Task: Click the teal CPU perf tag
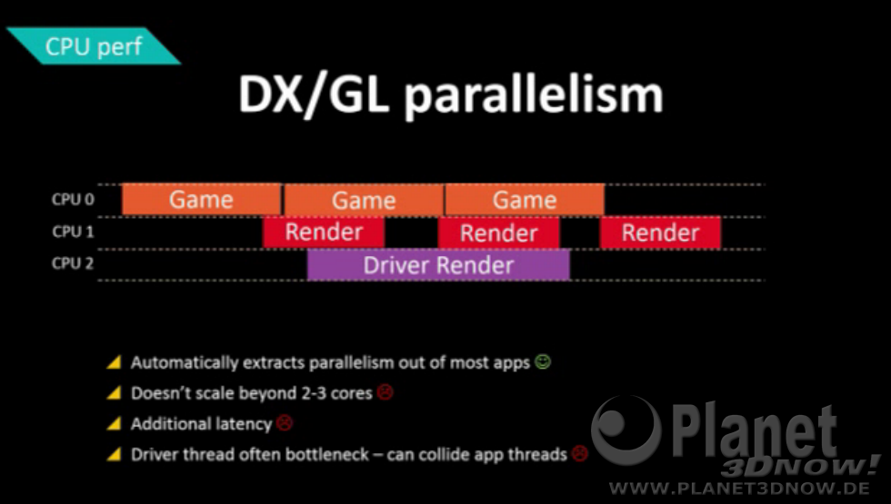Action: (x=94, y=46)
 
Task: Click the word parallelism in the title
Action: (x=533, y=95)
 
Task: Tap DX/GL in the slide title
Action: (x=314, y=95)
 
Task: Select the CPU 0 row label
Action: (x=73, y=200)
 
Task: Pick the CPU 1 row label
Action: (x=73, y=232)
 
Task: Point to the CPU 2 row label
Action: (x=73, y=263)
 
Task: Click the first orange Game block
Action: (x=202, y=199)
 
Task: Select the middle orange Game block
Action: (x=364, y=200)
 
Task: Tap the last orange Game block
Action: (x=525, y=200)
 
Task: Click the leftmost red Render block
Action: (x=324, y=232)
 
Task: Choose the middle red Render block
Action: (x=498, y=232)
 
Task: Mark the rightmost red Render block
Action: (x=660, y=232)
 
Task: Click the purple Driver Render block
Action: (x=438, y=265)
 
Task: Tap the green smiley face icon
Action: (x=544, y=361)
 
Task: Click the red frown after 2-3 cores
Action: (x=385, y=392)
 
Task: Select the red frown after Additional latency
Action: (x=284, y=423)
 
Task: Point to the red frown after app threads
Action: (x=580, y=453)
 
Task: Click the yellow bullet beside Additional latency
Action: (x=115, y=423)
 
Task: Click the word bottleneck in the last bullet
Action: (x=321, y=454)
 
